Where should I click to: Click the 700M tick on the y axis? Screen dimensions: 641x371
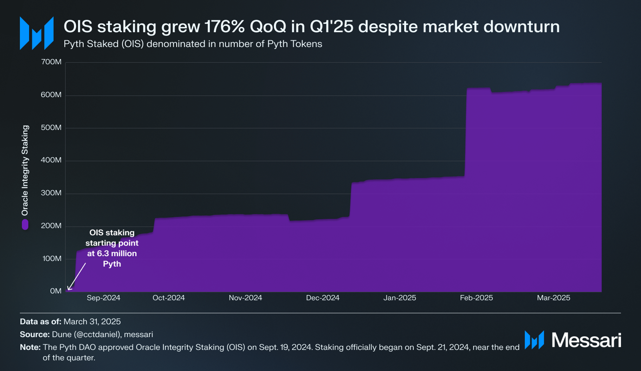click(51, 62)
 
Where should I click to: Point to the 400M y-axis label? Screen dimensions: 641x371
click(51, 160)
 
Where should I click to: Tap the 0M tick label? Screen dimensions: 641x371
click(56, 291)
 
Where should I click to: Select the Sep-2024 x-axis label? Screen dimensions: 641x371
click(104, 298)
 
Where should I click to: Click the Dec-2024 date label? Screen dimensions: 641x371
click(323, 298)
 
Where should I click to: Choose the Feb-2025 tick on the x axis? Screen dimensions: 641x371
click(476, 298)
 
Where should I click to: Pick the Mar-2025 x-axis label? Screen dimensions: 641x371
click(554, 298)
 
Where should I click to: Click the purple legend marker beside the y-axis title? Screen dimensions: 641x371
click(25, 224)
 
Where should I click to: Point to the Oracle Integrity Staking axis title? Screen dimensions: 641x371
click(25, 170)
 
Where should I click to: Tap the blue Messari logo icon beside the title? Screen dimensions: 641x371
click(37, 33)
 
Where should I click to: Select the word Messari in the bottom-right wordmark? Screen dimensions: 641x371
click(586, 340)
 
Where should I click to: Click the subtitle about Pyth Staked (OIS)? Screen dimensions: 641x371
click(193, 44)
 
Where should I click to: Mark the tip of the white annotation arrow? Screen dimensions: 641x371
click(68, 290)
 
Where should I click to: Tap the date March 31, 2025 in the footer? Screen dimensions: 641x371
click(92, 322)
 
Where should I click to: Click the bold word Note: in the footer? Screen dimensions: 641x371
click(30, 347)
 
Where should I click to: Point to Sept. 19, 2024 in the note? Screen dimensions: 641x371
click(281, 347)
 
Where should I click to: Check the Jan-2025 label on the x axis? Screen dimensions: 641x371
click(400, 298)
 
